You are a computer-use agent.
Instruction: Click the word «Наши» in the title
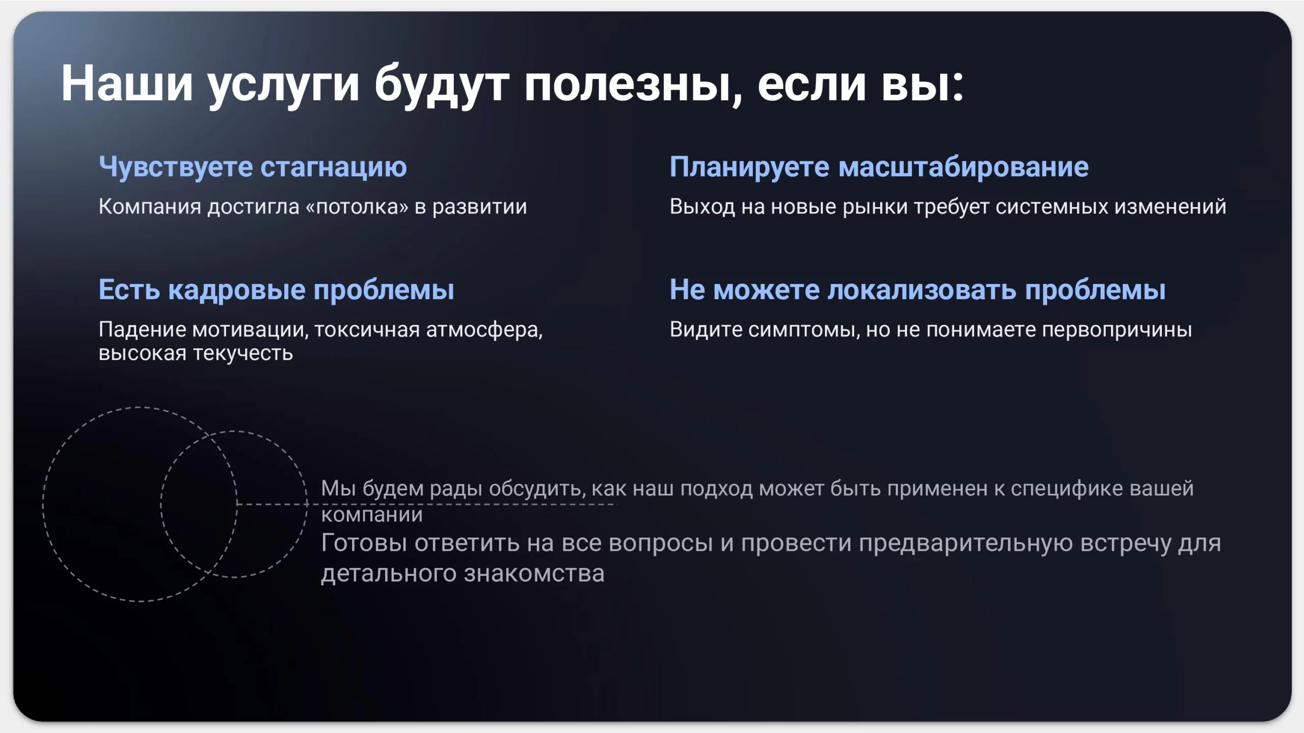[127, 83]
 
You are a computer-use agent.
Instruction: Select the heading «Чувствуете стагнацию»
[253, 167]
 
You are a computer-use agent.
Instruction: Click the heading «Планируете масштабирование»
[879, 167]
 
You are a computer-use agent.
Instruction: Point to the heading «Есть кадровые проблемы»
[276, 290]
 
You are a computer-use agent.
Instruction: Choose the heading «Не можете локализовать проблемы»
[917, 290]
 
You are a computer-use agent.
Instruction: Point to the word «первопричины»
[1117, 330]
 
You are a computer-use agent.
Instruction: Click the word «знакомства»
[534, 574]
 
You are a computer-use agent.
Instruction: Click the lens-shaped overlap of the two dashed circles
[199, 504]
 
